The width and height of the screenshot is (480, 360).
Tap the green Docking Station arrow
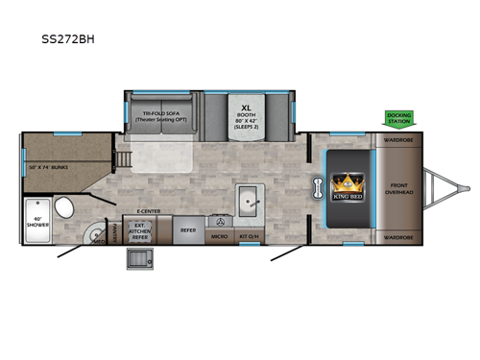[x=398, y=118]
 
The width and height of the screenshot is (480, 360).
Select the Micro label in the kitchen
[x=219, y=233]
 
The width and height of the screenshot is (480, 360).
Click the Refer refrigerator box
[x=188, y=230]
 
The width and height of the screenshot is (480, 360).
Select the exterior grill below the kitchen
[x=134, y=256]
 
